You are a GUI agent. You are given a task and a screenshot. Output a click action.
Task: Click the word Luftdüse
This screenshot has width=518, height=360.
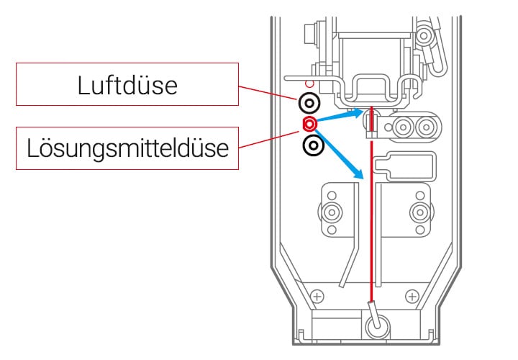point(127,86)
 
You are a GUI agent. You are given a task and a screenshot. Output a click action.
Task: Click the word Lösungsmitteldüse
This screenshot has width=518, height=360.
point(127,149)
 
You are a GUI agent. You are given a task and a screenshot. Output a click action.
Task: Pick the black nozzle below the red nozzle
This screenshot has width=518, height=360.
point(313,145)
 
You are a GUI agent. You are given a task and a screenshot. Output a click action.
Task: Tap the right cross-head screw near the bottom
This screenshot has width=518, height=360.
point(412,296)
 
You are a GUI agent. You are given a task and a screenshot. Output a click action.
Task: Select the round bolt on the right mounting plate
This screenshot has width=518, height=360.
point(418,212)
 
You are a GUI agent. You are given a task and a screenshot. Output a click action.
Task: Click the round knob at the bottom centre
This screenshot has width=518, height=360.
point(376,328)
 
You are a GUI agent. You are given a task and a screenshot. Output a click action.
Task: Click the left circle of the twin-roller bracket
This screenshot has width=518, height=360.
point(404,128)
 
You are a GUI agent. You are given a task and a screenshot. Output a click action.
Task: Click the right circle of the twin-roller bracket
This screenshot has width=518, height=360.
point(426,128)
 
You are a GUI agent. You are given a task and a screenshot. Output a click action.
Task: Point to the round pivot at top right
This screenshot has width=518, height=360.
point(425,35)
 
